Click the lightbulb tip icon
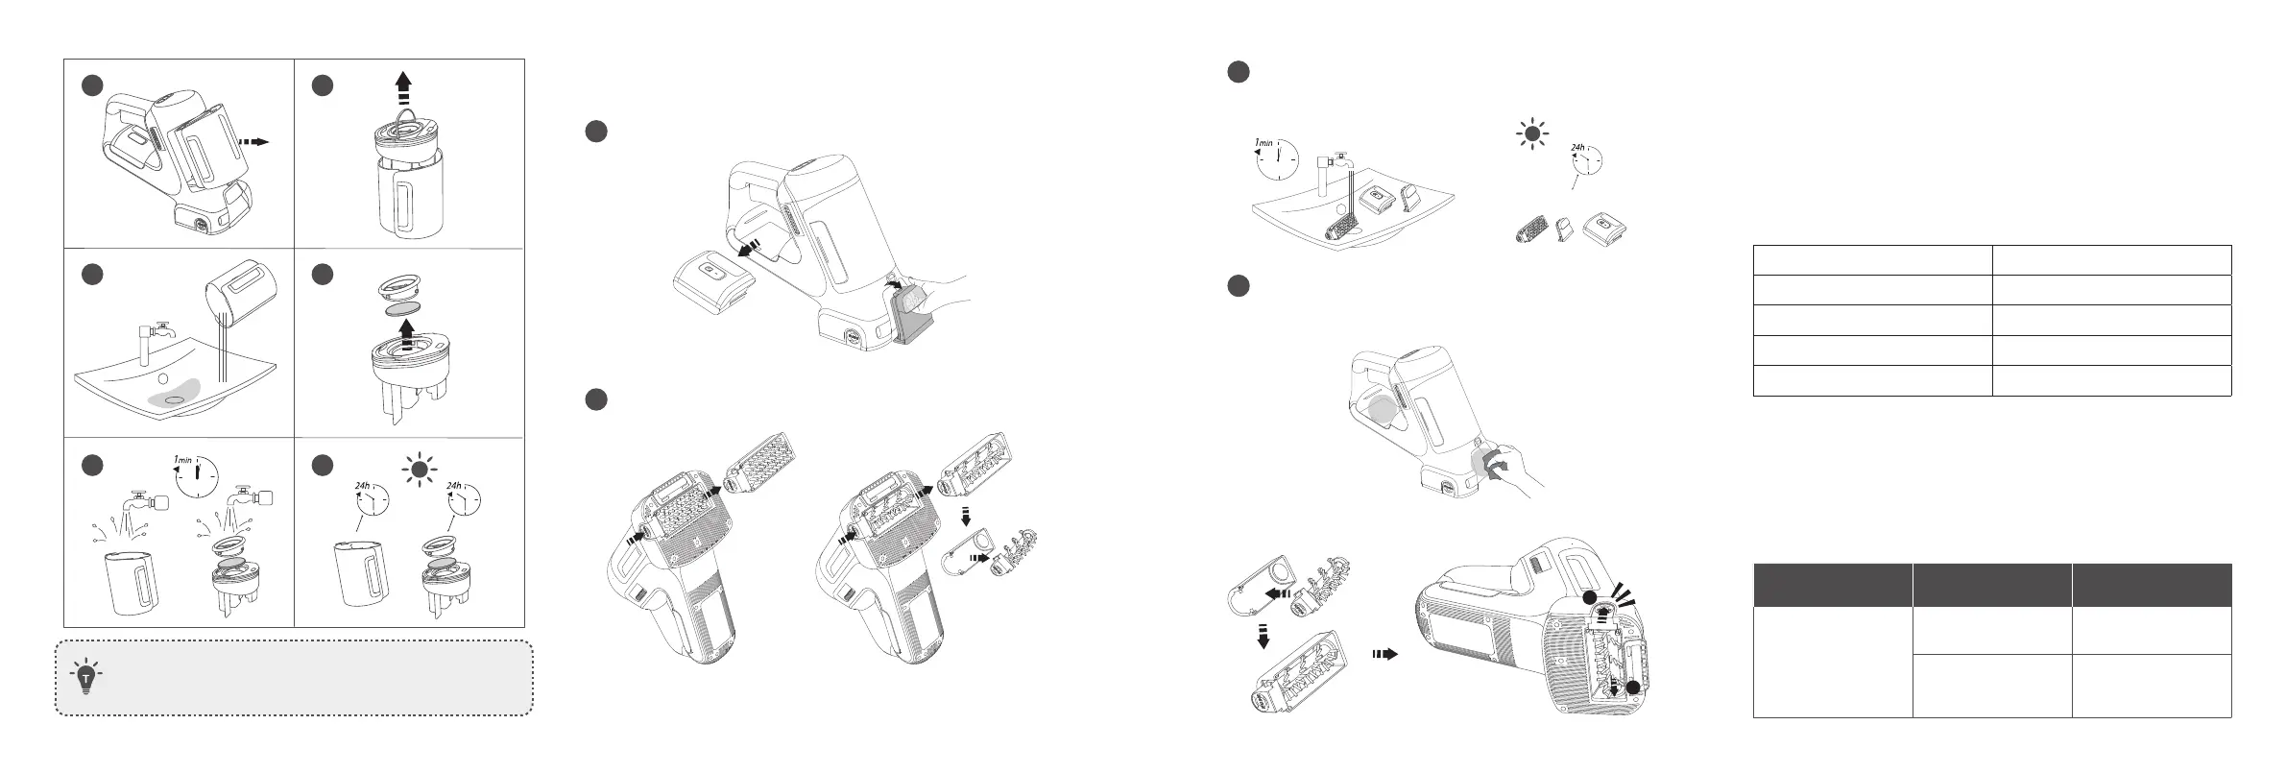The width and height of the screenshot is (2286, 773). [x=87, y=677]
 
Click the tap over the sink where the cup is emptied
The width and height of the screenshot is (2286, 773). [x=156, y=331]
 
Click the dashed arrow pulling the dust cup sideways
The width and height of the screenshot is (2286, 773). [x=254, y=141]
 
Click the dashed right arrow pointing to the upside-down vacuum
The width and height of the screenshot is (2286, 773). [x=1383, y=653]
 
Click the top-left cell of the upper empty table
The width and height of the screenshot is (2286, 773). [x=1872, y=260]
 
